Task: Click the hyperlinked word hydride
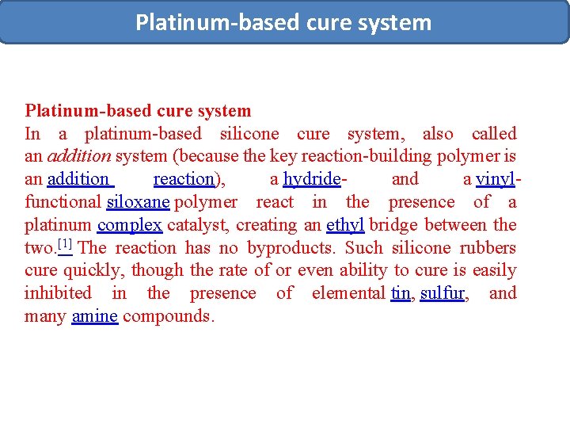tap(311, 179)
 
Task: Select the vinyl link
tap(495, 179)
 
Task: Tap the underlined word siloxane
tap(138, 202)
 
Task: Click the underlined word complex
tap(130, 225)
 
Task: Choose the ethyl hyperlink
tap(345, 225)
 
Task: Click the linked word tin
tap(401, 293)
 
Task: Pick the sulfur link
tap(443, 293)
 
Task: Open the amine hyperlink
tap(94, 316)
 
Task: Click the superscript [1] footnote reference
tap(65, 244)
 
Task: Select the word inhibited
tap(58, 293)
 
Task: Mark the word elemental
tap(348, 293)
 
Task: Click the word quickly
tap(91, 270)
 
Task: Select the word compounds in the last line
tap(168, 316)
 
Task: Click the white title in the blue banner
tap(283, 22)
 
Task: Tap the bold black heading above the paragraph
tap(138, 111)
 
